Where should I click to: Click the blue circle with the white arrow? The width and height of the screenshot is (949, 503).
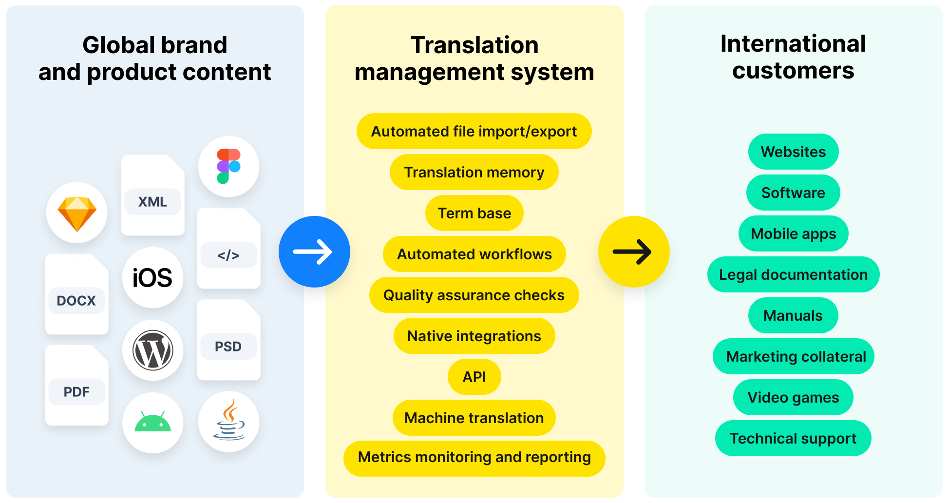pos(314,251)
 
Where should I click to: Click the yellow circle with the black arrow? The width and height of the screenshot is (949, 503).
pos(633,251)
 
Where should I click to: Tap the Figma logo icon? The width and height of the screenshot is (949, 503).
pos(228,166)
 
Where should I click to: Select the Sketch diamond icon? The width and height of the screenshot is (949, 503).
pos(77,213)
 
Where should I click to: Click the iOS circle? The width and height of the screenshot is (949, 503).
pos(152,278)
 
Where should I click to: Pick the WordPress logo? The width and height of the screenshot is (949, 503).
pos(152,350)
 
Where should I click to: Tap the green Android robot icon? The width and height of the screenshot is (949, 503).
pos(152,422)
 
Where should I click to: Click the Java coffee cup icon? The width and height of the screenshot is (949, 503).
pos(229,421)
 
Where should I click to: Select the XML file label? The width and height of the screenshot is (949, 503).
pos(152,202)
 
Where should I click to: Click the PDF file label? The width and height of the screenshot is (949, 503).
pos(76,392)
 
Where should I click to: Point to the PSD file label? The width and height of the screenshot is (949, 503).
pos(228,347)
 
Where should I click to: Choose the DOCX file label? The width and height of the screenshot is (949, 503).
pos(76,301)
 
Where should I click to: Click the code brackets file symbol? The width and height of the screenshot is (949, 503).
pos(228,255)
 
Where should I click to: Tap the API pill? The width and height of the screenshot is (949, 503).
pos(474,377)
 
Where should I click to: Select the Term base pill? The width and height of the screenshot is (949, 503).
pos(474,213)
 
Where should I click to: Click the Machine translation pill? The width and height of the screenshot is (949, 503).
pos(474,418)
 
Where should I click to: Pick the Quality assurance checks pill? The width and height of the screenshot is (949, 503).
pos(474,295)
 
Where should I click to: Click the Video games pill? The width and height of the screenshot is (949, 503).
pos(793,397)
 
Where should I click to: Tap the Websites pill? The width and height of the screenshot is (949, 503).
pos(793,152)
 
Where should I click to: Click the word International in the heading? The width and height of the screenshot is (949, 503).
pos(793,44)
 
